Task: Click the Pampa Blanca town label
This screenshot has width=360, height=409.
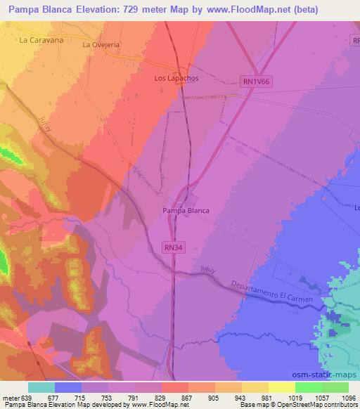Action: (186, 210)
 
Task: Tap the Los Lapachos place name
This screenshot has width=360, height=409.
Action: (176, 79)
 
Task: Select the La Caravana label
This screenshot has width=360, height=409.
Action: (41, 40)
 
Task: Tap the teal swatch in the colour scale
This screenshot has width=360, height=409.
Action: (41, 387)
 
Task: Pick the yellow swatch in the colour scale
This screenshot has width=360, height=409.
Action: (282, 387)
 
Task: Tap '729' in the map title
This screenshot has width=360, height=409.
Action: (144, 10)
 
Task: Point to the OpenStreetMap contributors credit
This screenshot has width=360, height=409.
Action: (319, 405)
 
